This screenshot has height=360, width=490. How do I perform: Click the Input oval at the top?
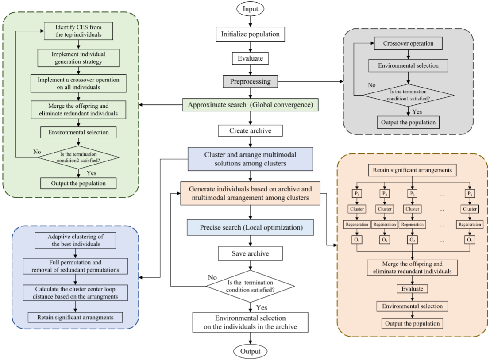point(251,8)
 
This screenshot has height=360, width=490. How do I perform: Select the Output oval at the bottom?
point(251,351)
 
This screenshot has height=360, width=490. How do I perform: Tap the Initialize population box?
point(251,34)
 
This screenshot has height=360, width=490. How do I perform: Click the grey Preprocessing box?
point(251,81)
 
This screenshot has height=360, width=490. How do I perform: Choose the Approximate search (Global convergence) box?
point(251,105)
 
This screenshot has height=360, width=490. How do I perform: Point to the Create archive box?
point(251,130)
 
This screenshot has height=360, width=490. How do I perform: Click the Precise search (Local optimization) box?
point(251,228)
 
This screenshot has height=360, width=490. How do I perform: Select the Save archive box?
point(251,253)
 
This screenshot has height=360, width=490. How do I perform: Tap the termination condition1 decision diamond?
point(408,95)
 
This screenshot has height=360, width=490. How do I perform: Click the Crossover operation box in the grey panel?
point(408,44)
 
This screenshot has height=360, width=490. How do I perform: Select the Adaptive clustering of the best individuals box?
point(76,240)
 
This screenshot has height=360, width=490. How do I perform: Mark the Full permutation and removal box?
point(76,266)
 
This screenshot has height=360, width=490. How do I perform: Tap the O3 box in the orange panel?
point(412,240)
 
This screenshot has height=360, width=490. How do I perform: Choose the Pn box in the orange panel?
point(469,193)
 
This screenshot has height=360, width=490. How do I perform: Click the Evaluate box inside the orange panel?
point(412,288)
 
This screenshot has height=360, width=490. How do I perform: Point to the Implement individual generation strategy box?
point(78,57)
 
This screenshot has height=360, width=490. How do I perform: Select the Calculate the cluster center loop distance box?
point(76,292)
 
